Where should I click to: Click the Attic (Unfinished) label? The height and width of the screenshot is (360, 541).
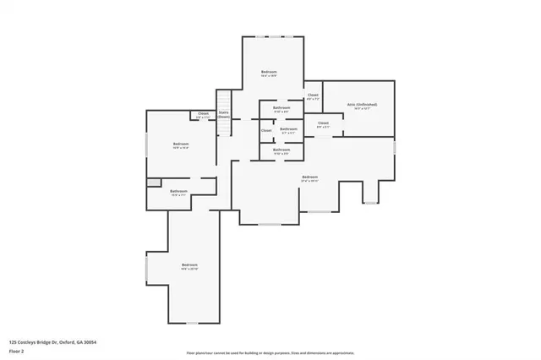point(360,104)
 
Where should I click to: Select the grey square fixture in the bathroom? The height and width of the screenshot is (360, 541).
point(152,182)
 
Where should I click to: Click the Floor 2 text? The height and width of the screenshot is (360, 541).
point(17,349)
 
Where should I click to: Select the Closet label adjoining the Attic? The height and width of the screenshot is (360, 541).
point(313,95)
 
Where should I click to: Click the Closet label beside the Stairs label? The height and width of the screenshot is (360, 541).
point(203,113)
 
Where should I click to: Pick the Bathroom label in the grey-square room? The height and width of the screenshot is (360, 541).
point(178,191)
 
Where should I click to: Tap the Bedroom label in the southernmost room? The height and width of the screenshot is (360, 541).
point(189,265)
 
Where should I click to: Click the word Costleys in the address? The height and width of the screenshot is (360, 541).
point(27,341)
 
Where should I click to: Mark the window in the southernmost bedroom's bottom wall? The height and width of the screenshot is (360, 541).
point(191,323)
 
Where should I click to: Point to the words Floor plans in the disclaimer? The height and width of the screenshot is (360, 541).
point(195,352)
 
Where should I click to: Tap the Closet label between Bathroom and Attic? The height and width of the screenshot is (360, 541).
point(323,123)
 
